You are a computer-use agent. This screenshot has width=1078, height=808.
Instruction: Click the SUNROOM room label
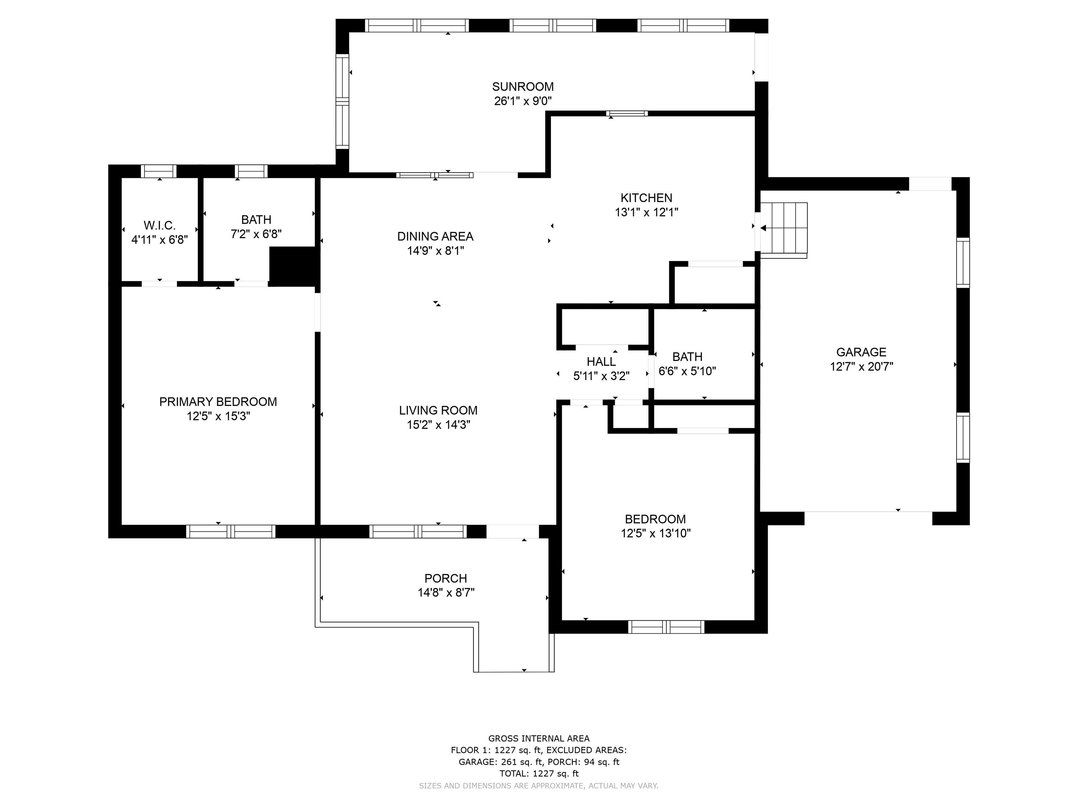tap(523, 87)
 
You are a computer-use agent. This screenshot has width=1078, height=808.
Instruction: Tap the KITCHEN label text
tap(646, 198)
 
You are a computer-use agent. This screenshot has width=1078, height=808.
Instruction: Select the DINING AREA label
tap(435, 236)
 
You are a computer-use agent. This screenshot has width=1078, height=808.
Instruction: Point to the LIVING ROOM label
tap(438, 410)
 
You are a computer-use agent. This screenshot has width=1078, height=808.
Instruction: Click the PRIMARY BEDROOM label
tap(218, 402)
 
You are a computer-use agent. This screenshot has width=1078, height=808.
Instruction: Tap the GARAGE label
tap(861, 352)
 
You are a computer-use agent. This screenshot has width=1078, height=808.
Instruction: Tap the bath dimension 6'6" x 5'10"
tap(687, 371)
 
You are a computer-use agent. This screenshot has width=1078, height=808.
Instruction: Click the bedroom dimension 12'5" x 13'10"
tap(656, 533)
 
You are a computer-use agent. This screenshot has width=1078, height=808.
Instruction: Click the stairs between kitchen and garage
tap(784, 230)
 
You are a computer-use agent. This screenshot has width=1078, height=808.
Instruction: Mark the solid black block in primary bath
tap(294, 266)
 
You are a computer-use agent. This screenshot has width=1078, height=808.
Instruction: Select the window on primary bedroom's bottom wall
tap(231, 531)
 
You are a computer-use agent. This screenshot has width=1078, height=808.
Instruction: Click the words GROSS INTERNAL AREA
tap(539, 738)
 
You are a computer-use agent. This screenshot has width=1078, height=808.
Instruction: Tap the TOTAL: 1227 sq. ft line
tap(539, 773)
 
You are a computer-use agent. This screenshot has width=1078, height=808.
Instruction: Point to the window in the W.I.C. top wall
tap(159, 171)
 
